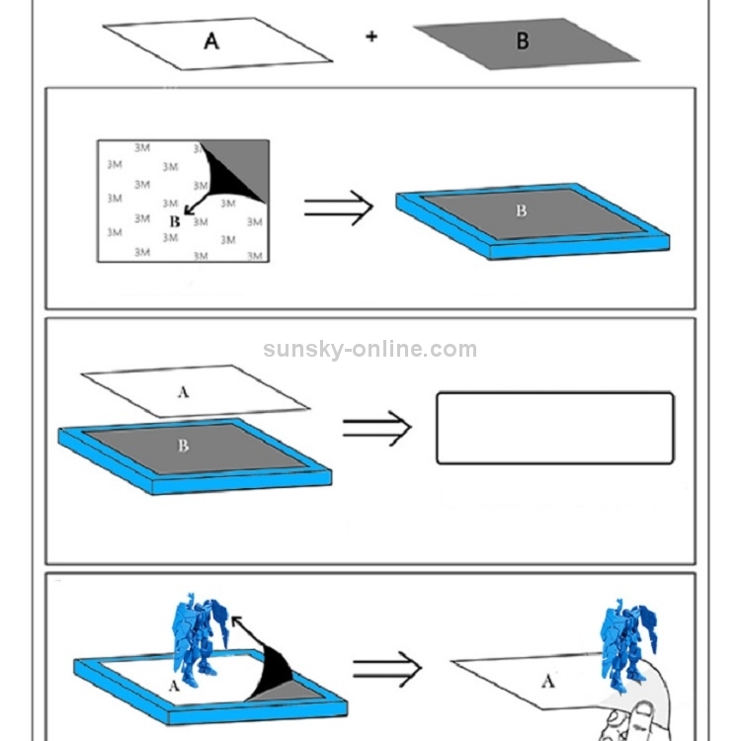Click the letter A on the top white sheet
pyautogui.click(x=211, y=41)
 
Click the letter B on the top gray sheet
pyautogui.click(x=523, y=41)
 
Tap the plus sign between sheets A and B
pyautogui.click(x=371, y=37)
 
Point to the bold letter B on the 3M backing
pyautogui.click(x=174, y=221)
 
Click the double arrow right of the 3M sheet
pyautogui.click(x=338, y=207)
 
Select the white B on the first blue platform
pyautogui.click(x=522, y=210)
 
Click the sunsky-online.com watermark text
pyautogui.click(x=370, y=349)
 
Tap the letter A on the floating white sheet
pyautogui.click(x=184, y=392)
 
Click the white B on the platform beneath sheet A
pyautogui.click(x=183, y=446)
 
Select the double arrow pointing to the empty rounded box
pyautogui.click(x=377, y=428)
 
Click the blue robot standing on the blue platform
pyautogui.click(x=199, y=639)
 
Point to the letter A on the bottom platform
pyautogui.click(x=174, y=686)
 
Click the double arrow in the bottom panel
pyautogui.click(x=387, y=669)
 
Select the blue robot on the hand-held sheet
pyautogui.click(x=627, y=646)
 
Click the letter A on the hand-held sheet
pyautogui.click(x=547, y=682)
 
